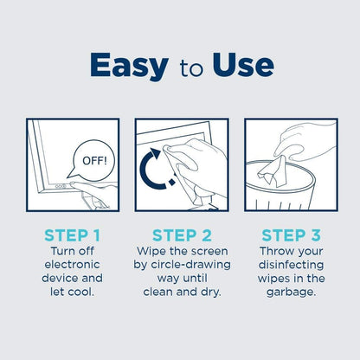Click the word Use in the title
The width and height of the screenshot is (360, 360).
pyautogui.click(x=235, y=65)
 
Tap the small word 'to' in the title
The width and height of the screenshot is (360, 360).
pyautogui.click(x=181, y=67)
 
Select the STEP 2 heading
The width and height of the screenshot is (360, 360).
pyautogui.click(x=181, y=235)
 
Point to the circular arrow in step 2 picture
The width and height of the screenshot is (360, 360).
pyautogui.click(x=155, y=170)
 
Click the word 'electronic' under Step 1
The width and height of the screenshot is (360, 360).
pyautogui.click(x=73, y=264)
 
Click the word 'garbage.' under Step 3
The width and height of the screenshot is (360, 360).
pyautogui.click(x=289, y=292)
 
